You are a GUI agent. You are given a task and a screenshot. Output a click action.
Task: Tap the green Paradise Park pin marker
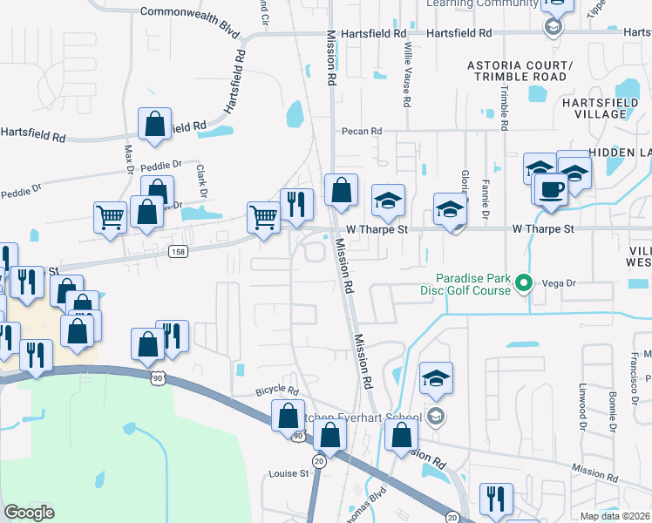point(524,282)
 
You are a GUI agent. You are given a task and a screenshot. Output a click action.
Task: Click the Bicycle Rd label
point(277,391)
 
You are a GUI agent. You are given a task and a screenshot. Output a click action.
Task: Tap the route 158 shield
point(179,251)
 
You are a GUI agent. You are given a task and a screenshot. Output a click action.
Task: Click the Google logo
point(29,513)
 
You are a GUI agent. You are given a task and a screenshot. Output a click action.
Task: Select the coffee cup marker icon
point(551,189)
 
